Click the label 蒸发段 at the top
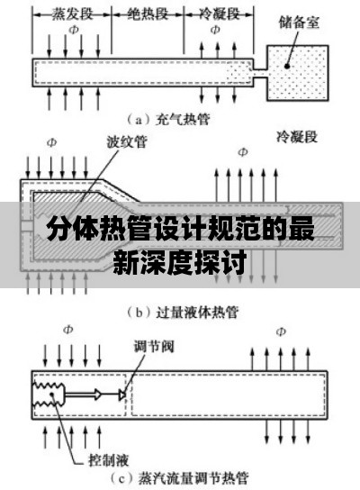(72, 14)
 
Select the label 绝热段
(148, 14)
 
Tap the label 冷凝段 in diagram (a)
(219, 14)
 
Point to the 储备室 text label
(299, 23)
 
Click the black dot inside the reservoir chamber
(286, 66)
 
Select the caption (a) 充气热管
(168, 120)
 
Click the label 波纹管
(127, 141)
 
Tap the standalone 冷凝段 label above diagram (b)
(297, 137)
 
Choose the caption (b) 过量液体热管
(183, 313)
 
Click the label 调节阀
(154, 346)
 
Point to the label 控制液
(109, 460)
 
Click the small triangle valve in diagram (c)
(122, 395)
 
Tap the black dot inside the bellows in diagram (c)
(52, 394)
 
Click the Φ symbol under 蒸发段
(74, 30)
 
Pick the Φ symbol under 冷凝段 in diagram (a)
(215, 30)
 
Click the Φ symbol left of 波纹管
(52, 142)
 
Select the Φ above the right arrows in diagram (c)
(281, 331)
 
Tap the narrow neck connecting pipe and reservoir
(260, 73)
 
